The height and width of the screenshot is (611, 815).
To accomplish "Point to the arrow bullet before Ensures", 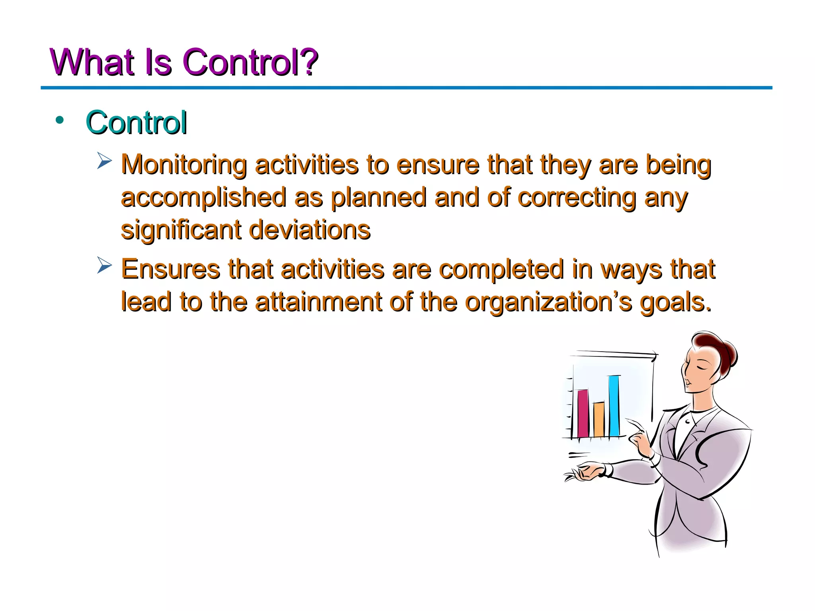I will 105,265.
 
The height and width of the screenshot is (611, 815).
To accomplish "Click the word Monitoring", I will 183,165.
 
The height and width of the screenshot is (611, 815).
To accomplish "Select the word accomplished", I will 203,197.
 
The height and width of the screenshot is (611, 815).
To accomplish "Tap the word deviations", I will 309,230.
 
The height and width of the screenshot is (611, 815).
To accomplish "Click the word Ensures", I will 170,269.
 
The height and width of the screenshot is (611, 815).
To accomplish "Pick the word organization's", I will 548,302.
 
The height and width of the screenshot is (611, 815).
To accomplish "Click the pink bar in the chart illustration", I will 583,413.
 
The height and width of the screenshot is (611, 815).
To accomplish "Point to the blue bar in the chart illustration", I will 614,406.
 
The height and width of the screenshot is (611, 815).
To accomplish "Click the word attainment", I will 318,302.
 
